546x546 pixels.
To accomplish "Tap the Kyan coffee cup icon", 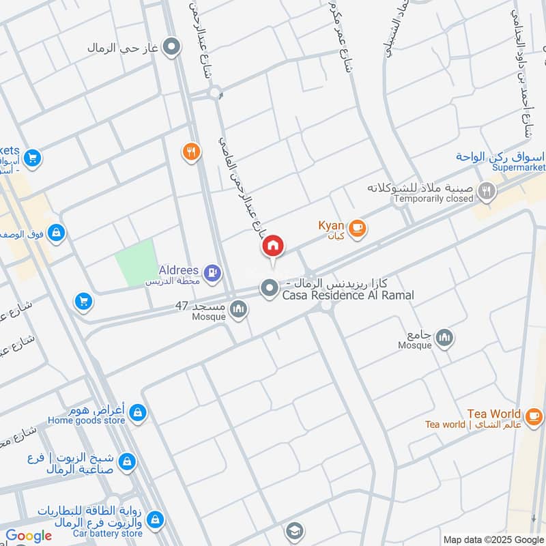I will [356, 229].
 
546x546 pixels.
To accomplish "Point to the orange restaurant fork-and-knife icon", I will [192, 152].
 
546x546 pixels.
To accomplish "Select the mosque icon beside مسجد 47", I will [238, 311].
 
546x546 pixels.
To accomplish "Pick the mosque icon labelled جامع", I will [444, 338].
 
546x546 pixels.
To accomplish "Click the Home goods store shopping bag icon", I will [138, 414].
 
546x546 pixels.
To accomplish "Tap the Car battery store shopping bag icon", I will [155, 520].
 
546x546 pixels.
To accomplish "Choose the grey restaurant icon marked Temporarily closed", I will [486, 192].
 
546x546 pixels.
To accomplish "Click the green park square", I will [135, 263].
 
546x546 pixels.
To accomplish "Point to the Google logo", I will [29, 536].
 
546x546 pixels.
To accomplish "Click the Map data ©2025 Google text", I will [493, 539].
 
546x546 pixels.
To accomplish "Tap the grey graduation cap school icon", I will [294, 530].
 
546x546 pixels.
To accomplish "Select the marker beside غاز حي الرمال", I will [173, 48].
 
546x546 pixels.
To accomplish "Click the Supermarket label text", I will [519, 167].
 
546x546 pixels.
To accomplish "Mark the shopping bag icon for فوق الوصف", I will [56, 233].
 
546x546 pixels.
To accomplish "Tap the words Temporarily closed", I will [433, 199].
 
